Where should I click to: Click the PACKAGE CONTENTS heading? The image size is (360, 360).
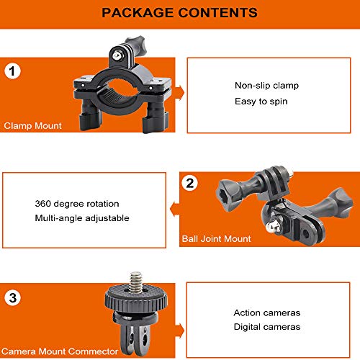tap(179, 13)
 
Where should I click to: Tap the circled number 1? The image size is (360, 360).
tap(12, 71)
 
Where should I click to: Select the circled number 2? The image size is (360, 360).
tap(190, 184)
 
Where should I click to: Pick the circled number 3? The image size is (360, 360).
tap(12, 297)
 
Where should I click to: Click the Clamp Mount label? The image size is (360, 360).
tap(33, 126)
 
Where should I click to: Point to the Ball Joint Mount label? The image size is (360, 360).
tap(216, 239)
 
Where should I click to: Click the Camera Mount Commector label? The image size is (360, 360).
tap(60, 351)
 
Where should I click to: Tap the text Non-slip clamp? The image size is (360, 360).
tap(266, 86)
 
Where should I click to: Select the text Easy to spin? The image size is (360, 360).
tap(261, 102)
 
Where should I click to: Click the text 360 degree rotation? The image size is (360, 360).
tap(77, 204)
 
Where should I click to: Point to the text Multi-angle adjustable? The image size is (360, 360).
tap(82, 218)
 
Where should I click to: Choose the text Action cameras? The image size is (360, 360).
tap(267, 313)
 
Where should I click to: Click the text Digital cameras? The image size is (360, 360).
tap(267, 327)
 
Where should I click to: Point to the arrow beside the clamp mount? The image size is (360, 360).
tap(179, 93)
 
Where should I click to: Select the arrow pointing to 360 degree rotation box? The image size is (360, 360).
tap(175, 210)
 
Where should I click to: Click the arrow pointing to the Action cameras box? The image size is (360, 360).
tap(179, 331)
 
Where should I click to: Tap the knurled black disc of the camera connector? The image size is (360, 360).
tap(136, 299)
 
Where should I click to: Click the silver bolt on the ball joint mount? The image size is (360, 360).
tap(273, 227)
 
